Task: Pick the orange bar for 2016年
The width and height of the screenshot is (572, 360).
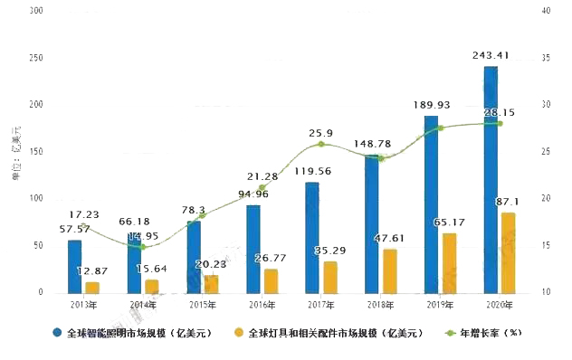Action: (x=271, y=280)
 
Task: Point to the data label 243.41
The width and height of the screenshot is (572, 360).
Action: (x=491, y=55)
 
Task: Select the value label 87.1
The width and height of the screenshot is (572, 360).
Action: (x=508, y=202)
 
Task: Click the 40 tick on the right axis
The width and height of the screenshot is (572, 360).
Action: (x=545, y=10)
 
